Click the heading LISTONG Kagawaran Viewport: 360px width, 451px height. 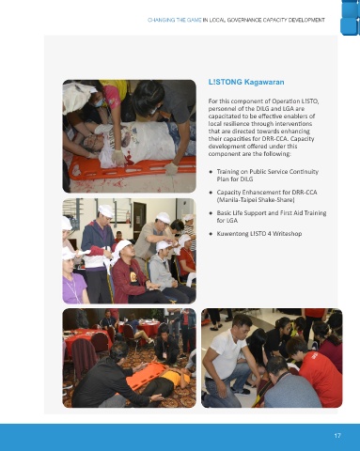click(x=246, y=82)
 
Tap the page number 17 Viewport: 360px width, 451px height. click(x=337, y=436)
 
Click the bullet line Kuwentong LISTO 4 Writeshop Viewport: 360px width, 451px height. click(x=259, y=234)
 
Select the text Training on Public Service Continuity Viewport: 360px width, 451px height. click(x=268, y=172)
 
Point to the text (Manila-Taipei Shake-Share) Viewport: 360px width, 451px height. click(x=256, y=200)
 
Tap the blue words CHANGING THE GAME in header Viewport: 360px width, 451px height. click(x=175, y=20)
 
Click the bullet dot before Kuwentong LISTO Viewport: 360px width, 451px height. click(x=211, y=234)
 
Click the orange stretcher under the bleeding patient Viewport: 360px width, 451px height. click(x=132, y=169)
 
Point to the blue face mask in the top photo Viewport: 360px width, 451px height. click(x=99, y=102)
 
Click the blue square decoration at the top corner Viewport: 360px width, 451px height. click(x=350, y=17)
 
